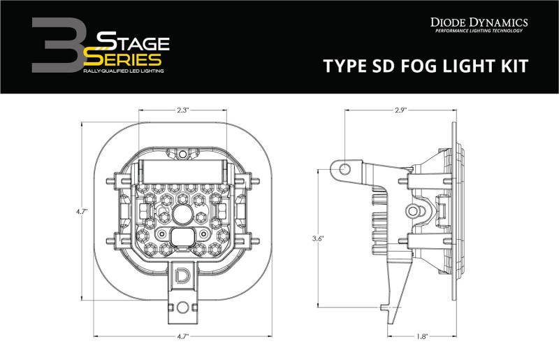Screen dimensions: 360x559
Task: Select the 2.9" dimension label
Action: (400, 110)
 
